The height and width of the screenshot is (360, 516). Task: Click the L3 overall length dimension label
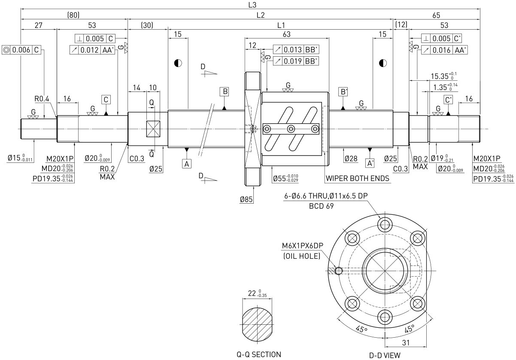(x=252, y=5)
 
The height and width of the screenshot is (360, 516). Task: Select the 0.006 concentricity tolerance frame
(x=21, y=50)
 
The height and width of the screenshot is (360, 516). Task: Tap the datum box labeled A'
(x=370, y=163)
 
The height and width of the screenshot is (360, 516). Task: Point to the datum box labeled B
(x=225, y=92)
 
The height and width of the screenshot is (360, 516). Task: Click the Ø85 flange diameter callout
(x=246, y=199)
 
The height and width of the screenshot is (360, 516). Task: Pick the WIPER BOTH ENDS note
(x=357, y=178)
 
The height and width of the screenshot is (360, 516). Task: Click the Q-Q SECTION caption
(x=259, y=354)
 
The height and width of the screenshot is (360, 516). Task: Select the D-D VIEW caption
(x=385, y=355)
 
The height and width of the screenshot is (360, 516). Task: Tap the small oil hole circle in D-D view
(x=339, y=271)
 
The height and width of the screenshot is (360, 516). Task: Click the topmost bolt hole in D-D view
(x=385, y=225)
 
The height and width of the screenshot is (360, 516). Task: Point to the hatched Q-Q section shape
(x=257, y=324)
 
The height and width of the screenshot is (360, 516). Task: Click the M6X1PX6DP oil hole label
(x=303, y=246)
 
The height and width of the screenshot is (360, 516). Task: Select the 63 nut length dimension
(x=287, y=34)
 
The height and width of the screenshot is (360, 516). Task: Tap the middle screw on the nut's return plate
(x=291, y=129)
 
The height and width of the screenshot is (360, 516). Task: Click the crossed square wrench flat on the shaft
(x=153, y=128)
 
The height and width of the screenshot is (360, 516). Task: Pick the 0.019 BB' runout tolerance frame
(x=296, y=61)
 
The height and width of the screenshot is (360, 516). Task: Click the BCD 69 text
(x=322, y=206)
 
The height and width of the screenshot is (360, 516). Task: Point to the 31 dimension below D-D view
(x=406, y=343)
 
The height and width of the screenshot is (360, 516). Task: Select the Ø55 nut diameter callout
(x=285, y=178)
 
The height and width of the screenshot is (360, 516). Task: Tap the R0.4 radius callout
(x=42, y=99)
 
